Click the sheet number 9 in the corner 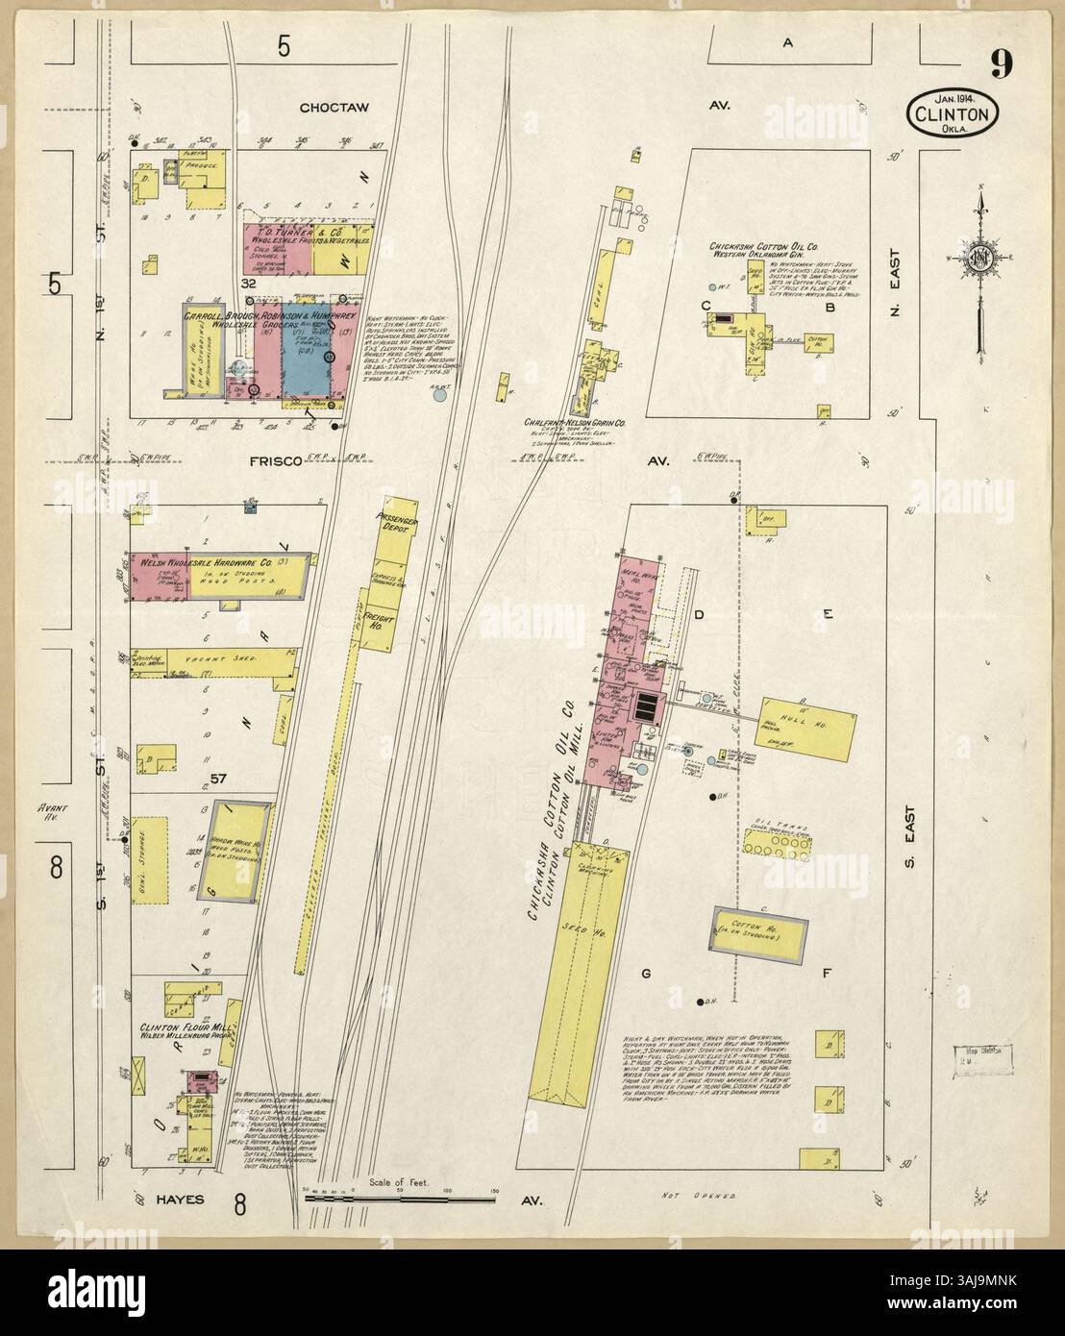pos(1001,63)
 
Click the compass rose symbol pos(979,257)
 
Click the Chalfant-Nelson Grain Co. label pos(575,421)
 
